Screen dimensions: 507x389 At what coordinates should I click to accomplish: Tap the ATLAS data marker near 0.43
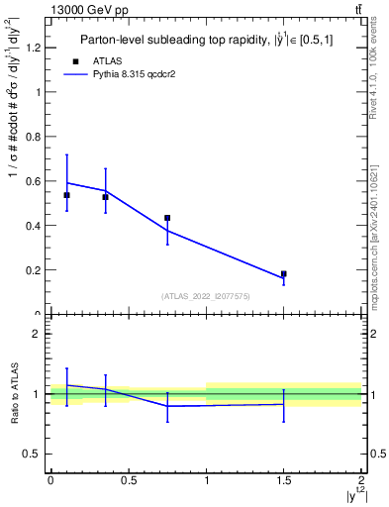(167, 218)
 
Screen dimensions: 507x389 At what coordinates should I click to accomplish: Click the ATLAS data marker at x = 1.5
(284, 273)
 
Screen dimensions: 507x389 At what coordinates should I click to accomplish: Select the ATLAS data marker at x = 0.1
(66, 195)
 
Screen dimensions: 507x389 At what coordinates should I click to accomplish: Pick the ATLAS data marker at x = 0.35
(105, 197)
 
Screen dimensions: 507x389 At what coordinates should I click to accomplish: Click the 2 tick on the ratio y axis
(38, 335)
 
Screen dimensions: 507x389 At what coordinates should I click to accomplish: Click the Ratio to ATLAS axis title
(13, 393)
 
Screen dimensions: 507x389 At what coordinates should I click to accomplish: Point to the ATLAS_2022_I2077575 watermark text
(207, 295)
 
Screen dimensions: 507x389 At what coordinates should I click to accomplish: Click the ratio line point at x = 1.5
(284, 404)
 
